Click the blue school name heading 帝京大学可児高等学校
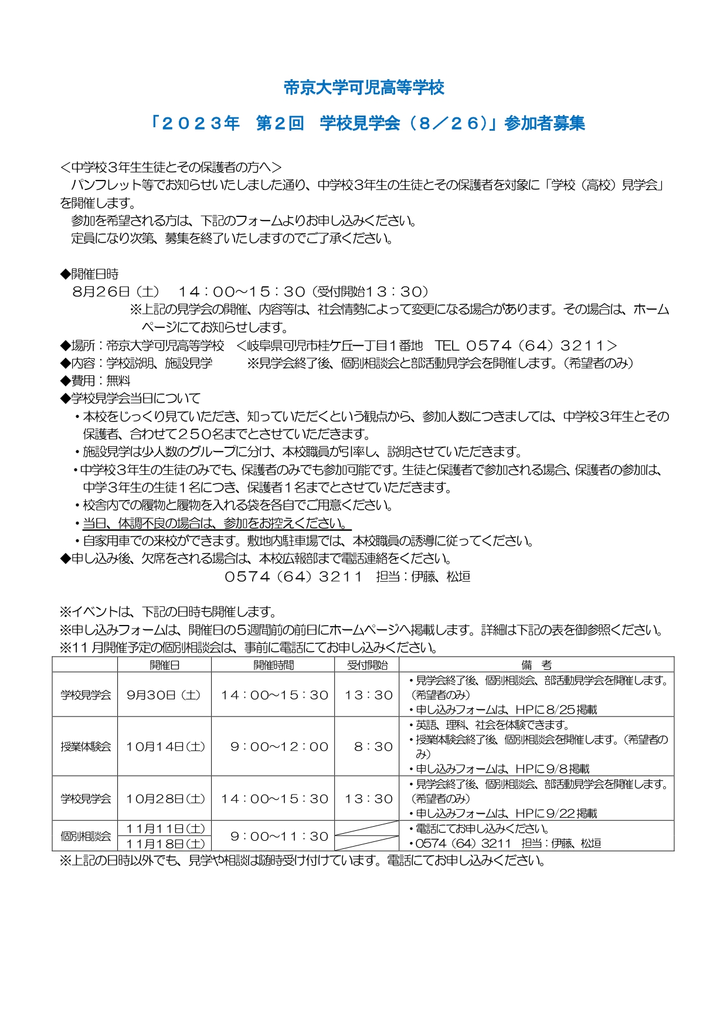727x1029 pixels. [363, 88]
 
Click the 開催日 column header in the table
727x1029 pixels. [164, 665]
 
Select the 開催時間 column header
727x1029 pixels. [273, 665]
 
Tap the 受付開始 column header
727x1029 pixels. [367, 665]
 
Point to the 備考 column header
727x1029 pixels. [536, 665]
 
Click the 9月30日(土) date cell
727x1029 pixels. [164, 695]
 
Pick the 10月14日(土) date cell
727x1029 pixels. [165, 746]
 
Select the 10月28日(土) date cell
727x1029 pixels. [165, 799]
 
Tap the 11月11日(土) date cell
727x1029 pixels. [165, 828]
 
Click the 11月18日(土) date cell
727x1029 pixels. [165, 844]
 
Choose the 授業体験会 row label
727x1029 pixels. [86, 746]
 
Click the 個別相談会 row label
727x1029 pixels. [86, 836]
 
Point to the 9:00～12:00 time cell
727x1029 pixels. [279, 746]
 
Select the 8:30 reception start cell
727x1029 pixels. [373, 746]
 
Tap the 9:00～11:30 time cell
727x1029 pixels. [279, 836]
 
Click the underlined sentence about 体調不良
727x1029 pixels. [216, 523]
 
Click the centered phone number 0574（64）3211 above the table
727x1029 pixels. [294, 577]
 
